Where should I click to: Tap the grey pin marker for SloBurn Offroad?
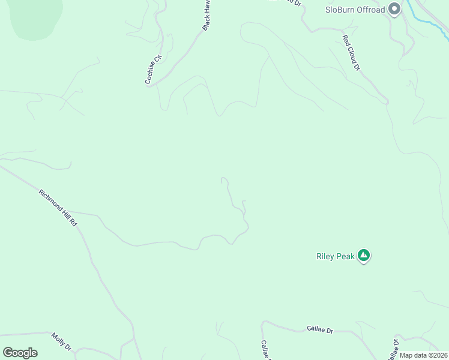[x=394, y=9]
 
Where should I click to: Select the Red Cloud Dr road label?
[x=351, y=53]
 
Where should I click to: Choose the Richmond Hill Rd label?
[x=58, y=208]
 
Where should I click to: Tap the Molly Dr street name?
[x=61, y=342]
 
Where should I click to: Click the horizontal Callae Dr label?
[x=320, y=329]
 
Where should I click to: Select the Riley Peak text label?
[x=336, y=256]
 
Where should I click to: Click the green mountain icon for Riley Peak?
[x=363, y=256]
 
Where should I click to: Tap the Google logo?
[x=20, y=353]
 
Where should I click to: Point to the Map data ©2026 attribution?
[x=423, y=355]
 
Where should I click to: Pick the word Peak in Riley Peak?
[x=345, y=256]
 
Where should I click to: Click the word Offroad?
[x=372, y=10]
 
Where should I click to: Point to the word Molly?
[x=58, y=339]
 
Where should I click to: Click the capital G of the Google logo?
[x=8, y=353]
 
